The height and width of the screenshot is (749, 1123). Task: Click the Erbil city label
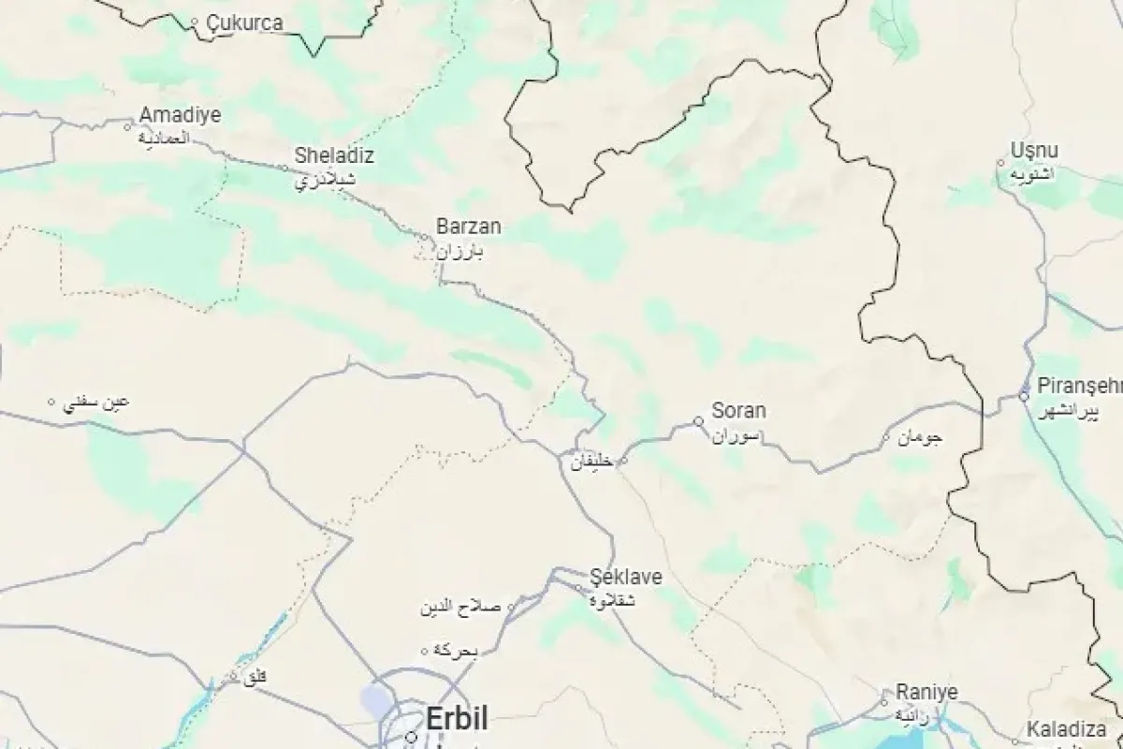point(457,720)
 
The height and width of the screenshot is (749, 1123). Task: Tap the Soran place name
point(738,410)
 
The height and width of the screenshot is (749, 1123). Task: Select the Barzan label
point(469,227)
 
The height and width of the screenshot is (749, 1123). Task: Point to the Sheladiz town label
point(334,155)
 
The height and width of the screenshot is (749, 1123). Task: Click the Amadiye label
point(180,115)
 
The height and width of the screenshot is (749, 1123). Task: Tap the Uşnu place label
point(1034,151)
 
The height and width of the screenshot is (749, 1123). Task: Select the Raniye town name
point(926,692)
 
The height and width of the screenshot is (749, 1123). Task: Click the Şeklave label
point(626,578)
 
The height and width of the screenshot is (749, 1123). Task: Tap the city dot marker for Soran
point(698,421)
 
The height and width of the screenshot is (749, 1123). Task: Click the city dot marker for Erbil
point(411,737)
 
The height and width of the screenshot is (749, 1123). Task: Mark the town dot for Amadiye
point(129,125)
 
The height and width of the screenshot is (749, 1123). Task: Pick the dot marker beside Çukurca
point(195,22)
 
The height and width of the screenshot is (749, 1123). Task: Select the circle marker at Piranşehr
point(1024,396)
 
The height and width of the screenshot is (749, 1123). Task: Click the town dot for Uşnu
point(1001,162)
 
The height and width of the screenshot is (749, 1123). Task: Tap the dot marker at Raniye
point(883,701)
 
